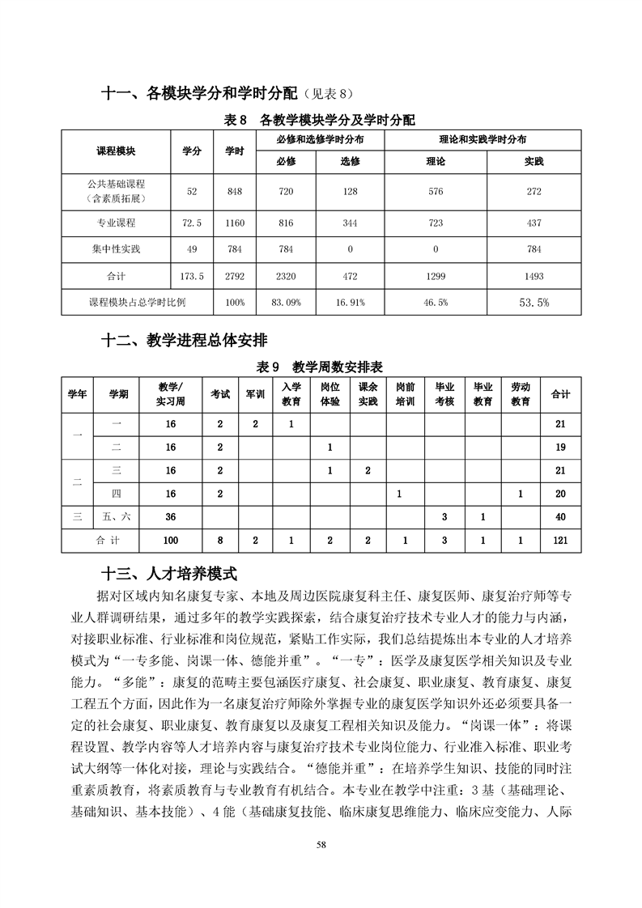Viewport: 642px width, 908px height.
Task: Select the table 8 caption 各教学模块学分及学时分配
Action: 320,120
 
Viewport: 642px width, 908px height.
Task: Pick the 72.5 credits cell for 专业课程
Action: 192,222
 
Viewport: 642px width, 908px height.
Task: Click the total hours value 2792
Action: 235,276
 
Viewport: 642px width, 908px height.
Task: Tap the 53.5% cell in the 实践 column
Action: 534,303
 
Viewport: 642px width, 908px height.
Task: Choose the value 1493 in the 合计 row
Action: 534,276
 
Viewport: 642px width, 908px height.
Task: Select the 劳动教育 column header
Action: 521,394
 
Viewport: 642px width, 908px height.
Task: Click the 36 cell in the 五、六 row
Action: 171,516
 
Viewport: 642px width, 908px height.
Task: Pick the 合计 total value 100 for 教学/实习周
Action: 171,540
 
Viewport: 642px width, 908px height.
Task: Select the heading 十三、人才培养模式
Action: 168,574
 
